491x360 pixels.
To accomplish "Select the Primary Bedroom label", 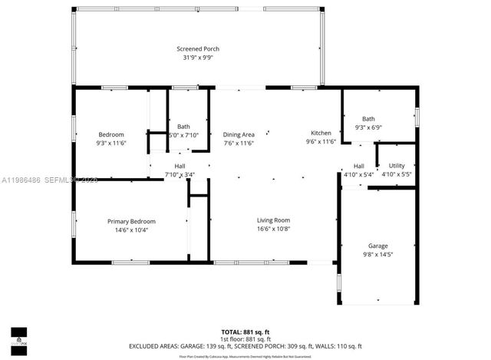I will coord(131,221).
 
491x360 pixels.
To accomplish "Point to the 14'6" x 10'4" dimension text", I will coord(131,230).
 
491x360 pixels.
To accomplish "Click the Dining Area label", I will coord(239,134).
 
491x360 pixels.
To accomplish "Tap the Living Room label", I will coord(273,220).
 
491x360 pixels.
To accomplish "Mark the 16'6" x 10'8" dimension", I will coord(273,229).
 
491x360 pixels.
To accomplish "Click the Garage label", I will coord(377,246).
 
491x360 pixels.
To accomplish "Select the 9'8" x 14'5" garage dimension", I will coord(377,254).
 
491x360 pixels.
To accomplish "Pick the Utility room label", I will coord(397,166).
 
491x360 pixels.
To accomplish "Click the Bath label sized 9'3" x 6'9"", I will coord(369,119).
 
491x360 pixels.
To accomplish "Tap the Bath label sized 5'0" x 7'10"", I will coord(183,127).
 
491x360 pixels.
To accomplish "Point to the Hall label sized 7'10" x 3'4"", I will coord(180,166).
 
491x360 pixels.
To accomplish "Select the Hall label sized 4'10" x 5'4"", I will coord(358,166).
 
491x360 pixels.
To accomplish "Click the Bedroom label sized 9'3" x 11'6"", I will coord(110,134).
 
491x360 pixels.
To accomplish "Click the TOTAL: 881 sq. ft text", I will coord(245,330).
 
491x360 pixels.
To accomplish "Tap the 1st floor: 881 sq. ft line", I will coord(245,339).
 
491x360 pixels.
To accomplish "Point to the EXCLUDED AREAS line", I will coord(245,347).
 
